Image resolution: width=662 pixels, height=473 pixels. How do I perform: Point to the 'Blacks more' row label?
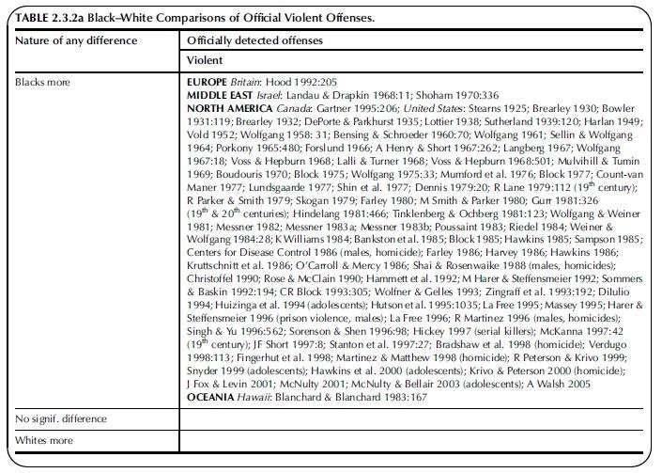(43, 83)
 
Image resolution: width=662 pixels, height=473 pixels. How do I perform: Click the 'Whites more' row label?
(43, 440)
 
